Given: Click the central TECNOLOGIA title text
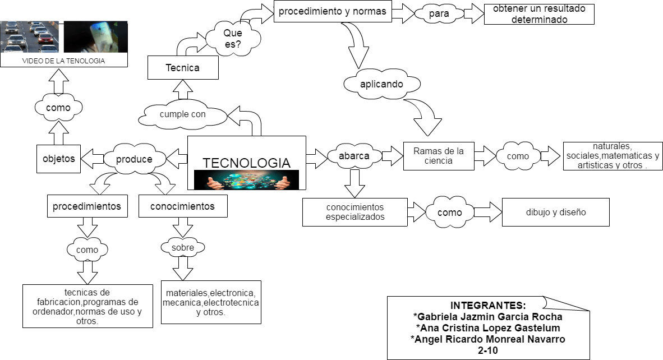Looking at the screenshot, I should (x=246, y=163).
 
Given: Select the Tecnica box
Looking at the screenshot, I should (x=183, y=68).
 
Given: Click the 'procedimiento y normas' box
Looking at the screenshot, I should (x=333, y=12).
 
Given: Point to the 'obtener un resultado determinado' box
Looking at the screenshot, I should (x=538, y=14).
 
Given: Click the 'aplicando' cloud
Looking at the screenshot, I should (x=381, y=84).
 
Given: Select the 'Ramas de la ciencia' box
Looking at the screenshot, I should (x=438, y=156).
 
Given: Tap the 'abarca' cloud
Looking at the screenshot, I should (x=354, y=156).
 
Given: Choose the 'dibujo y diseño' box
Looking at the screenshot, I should (x=555, y=212).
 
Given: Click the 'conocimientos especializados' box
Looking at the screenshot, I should (x=355, y=212).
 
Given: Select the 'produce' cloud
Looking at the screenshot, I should (x=134, y=159).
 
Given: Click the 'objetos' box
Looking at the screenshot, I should (x=58, y=159).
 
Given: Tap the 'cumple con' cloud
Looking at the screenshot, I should (x=183, y=114).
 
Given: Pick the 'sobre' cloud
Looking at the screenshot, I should (x=183, y=247).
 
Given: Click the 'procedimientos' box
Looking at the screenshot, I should (x=87, y=206).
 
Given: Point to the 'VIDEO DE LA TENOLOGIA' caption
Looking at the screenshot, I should (x=63, y=61).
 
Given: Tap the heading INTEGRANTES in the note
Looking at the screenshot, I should (x=488, y=306).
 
